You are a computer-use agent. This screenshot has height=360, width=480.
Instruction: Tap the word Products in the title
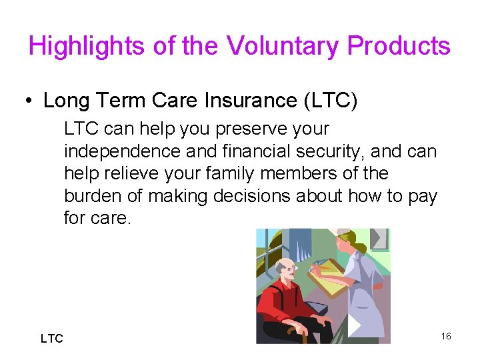pyautogui.click(x=399, y=47)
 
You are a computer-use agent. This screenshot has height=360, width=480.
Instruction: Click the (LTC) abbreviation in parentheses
pyautogui.click(x=330, y=101)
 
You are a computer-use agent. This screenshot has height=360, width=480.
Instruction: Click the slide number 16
pyautogui.click(x=446, y=336)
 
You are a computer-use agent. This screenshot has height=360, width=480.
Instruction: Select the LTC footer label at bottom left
pyautogui.click(x=51, y=339)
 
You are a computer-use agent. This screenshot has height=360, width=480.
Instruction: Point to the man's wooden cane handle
pyautogui.click(x=292, y=331)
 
